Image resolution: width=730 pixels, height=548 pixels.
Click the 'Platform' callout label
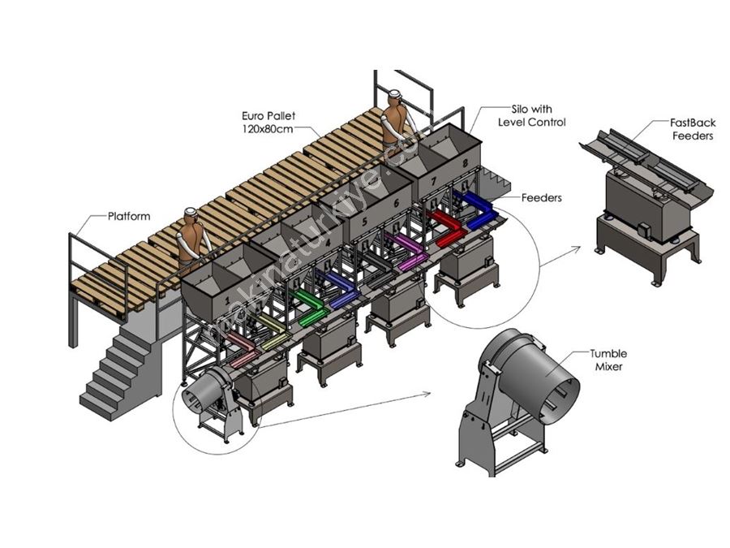[129, 216]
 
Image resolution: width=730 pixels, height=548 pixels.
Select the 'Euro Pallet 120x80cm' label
[268, 122]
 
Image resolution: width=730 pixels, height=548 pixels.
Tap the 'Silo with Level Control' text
[531, 115]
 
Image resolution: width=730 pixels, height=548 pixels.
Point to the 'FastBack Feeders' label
[693, 129]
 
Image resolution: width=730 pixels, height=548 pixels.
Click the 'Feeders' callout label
[542, 197]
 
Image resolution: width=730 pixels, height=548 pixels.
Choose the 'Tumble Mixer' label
[608, 360]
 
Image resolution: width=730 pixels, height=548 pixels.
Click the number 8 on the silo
[466, 163]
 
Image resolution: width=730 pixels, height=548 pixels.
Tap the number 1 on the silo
[227, 300]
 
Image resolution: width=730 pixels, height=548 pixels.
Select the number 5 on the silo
[364, 222]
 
